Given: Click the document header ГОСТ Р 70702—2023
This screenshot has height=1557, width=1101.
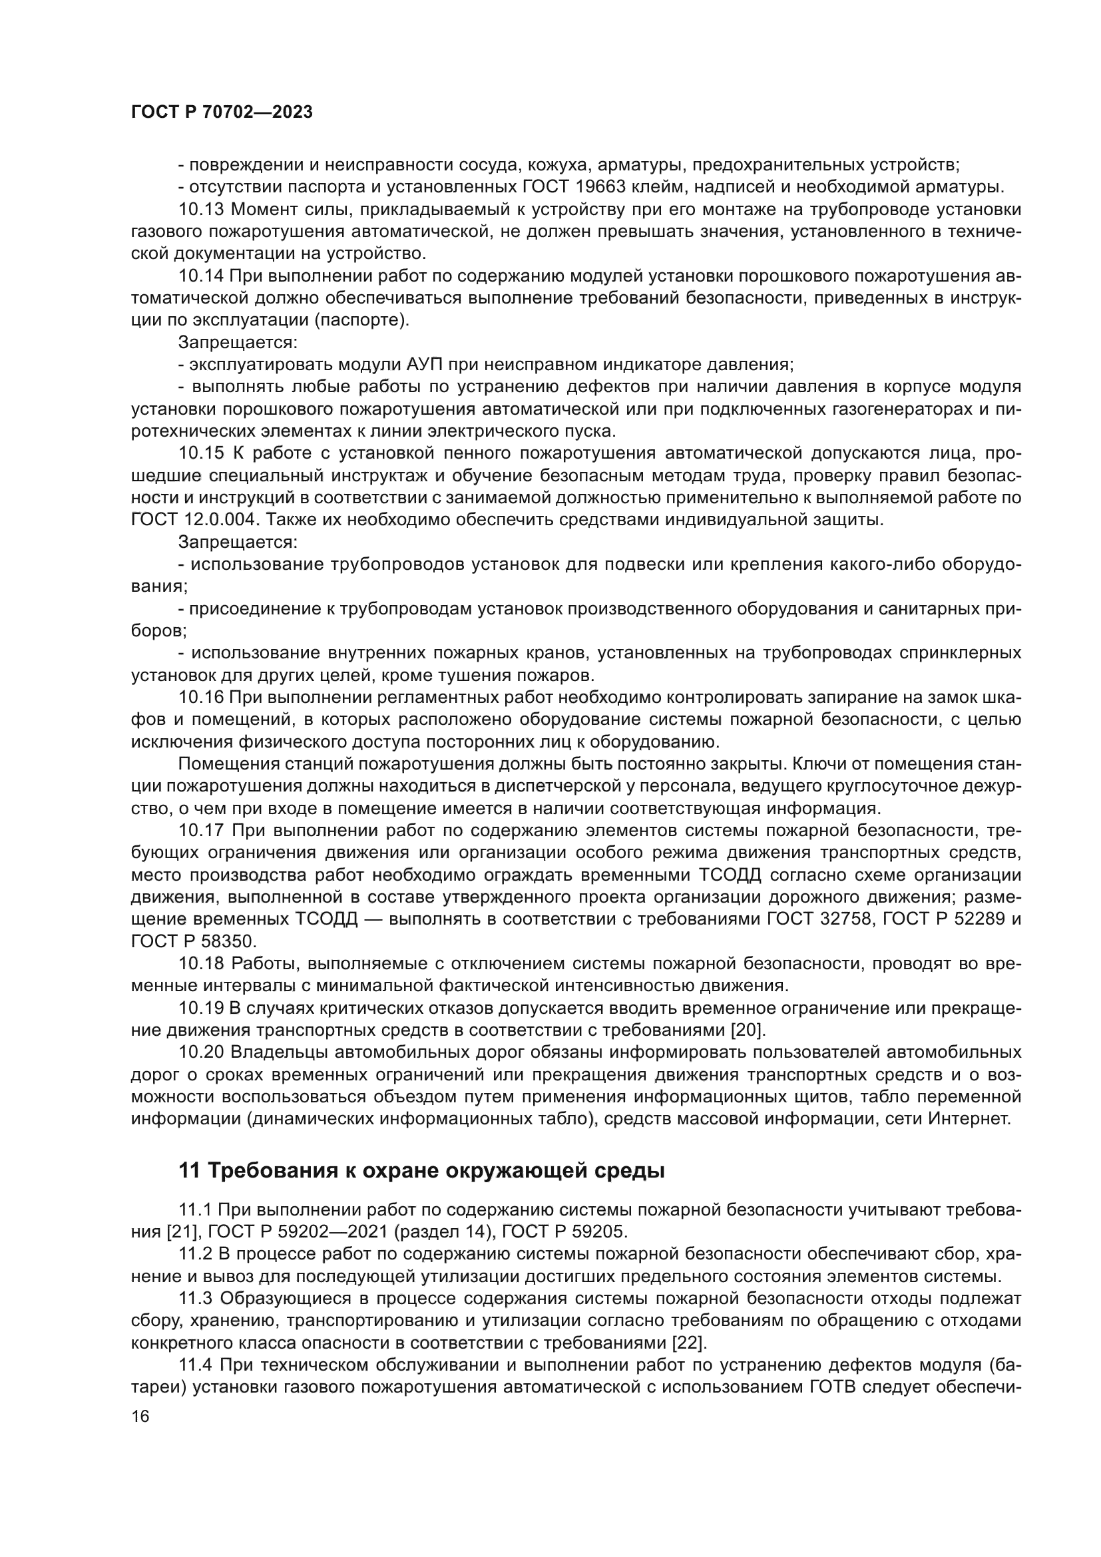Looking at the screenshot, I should coord(222,112).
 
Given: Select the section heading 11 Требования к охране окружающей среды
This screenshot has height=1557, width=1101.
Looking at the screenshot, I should coord(421,1170).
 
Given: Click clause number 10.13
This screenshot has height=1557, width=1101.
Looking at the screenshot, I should coord(200,210).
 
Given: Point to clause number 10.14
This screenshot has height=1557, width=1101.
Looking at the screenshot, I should coord(200,276).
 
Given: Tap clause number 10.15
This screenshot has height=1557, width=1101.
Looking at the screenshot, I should coord(200,453).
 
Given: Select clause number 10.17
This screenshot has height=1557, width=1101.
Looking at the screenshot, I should coord(200,830).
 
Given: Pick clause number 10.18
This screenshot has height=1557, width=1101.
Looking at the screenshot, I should coord(200,963).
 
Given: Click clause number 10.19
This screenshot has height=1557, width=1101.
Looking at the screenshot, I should coord(200,1008).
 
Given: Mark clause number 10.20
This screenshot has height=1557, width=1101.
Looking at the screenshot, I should coord(200,1052).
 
